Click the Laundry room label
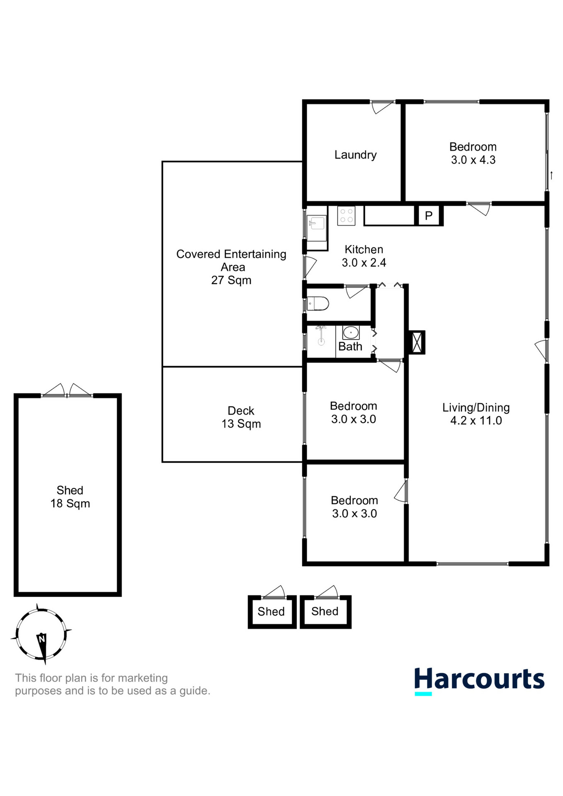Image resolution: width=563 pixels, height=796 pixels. [x=355, y=155]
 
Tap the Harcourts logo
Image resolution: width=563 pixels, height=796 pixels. [x=479, y=681]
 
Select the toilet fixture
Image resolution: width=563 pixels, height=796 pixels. [x=318, y=303]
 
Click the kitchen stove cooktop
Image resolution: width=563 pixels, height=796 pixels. [x=346, y=216]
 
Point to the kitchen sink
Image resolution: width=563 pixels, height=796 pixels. [x=316, y=223]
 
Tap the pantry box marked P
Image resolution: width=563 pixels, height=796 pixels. [x=429, y=216]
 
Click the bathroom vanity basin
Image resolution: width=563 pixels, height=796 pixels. [x=351, y=332]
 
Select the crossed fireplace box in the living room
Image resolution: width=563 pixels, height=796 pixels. [x=417, y=342]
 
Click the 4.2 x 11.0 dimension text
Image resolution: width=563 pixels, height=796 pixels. [x=476, y=420]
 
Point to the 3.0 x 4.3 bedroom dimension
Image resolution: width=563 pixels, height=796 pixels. [x=473, y=160]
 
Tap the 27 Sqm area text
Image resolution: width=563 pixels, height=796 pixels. [x=231, y=280]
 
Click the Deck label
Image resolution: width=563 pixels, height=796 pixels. [x=241, y=410]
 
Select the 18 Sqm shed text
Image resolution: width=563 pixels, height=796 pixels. [x=70, y=503]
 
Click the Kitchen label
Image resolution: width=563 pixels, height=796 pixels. [x=364, y=250]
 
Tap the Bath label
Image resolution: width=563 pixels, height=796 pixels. [x=350, y=347]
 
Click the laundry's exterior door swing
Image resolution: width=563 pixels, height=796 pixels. [x=382, y=107]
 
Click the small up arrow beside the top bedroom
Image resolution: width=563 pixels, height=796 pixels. [x=551, y=175]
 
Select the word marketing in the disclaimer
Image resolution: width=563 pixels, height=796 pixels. [x=143, y=678]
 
